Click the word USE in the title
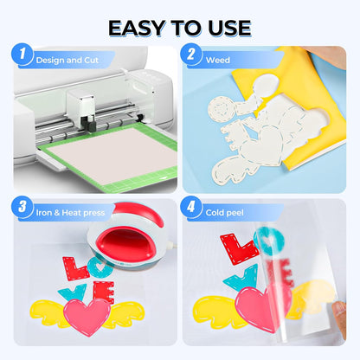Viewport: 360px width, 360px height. [x=227, y=27]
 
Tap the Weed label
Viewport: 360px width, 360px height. [x=217, y=61]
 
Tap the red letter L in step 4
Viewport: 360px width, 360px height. [x=239, y=251]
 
